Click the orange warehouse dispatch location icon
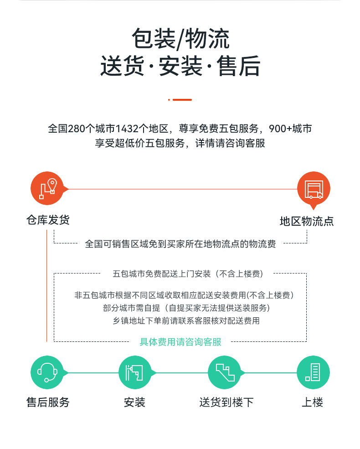47,188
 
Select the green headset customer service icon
47,372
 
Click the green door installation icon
135,372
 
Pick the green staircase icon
225,372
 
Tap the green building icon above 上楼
313,372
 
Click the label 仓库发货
48,220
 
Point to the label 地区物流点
307,222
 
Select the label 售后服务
48,403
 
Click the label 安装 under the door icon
134,403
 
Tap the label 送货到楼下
226,403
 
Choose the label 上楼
313,403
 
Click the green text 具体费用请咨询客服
180,342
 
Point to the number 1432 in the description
127,129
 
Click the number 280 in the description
77,129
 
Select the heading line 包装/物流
180,39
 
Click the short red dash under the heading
182,100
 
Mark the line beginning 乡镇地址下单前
186,321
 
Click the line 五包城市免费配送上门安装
162,274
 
